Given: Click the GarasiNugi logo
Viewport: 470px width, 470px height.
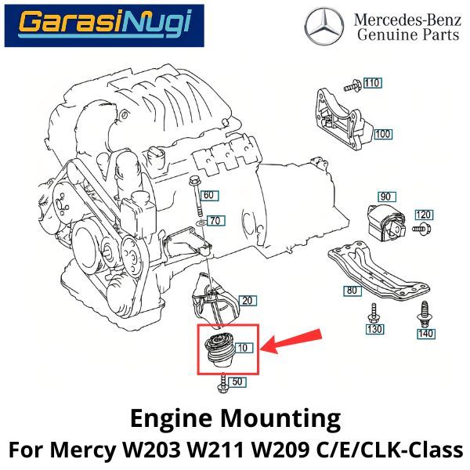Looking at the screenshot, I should (104, 25).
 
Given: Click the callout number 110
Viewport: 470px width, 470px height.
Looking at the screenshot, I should (371, 82).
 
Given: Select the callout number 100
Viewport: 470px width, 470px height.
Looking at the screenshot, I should (382, 134).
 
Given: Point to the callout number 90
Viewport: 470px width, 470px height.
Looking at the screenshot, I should (385, 196).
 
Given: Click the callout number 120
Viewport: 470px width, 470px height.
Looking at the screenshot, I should (424, 215).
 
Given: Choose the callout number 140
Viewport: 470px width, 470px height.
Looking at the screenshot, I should (425, 334).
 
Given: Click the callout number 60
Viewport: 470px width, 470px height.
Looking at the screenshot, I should (208, 194).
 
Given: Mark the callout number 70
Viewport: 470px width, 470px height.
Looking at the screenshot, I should (215, 220).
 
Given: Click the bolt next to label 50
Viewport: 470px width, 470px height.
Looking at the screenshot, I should (222, 383).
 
